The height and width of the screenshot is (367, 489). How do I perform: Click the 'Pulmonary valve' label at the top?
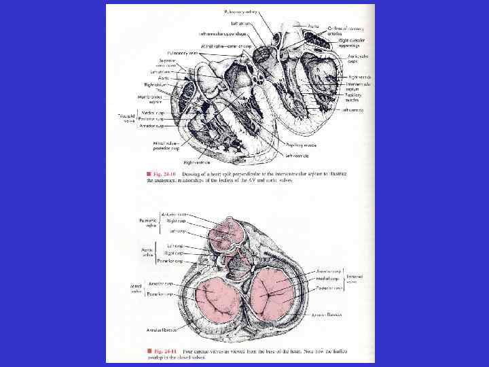point(242,12)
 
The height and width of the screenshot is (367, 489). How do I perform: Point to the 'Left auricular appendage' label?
point(221,33)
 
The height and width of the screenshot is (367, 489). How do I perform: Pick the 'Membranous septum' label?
point(157,99)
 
